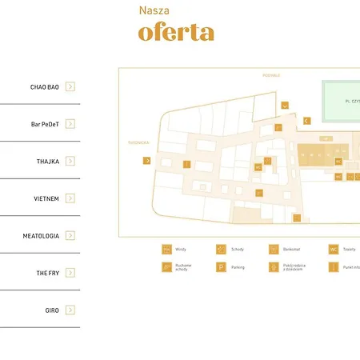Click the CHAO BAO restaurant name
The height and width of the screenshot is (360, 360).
pyautogui.click(x=45, y=86)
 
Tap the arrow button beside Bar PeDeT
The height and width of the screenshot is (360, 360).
pyautogui.click(x=70, y=124)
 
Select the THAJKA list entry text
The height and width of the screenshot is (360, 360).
pyautogui.click(x=48, y=161)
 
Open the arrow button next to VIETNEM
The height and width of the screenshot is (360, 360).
pyautogui.click(x=70, y=198)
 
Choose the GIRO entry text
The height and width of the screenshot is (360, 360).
pyautogui.click(x=52, y=310)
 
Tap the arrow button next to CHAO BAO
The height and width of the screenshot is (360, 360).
pyautogui.click(x=70, y=86)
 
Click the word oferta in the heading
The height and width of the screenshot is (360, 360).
pyautogui.click(x=176, y=33)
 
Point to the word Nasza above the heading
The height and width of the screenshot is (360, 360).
pyautogui.click(x=154, y=10)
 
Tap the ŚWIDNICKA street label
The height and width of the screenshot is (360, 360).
pyautogui.click(x=138, y=142)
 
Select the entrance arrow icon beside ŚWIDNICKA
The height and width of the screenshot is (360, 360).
pyautogui.click(x=147, y=161)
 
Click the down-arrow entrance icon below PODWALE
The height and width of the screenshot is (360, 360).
pyautogui.click(x=285, y=105)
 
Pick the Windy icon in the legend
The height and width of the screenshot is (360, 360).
pyautogui.click(x=166, y=250)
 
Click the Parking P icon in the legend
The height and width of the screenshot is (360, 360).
pyautogui.click(x=221, y=267)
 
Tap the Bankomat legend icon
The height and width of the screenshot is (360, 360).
pyautogui.click(x=274, y=250)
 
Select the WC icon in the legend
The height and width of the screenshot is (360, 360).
pyautogui.click(x=333, y=250)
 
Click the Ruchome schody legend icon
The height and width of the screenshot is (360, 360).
pyautogui.click(x=166, y=267)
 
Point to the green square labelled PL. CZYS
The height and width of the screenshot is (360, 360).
pyautogui.click(x=341, y=101)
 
